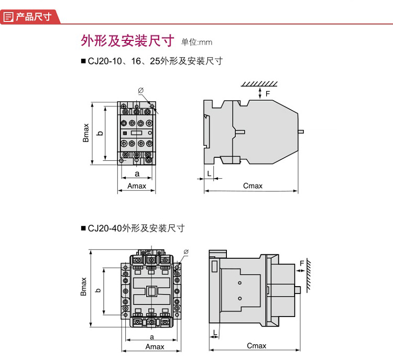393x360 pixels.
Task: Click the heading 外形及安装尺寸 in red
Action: pos(127,40)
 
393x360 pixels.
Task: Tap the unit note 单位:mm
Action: pos(196,42)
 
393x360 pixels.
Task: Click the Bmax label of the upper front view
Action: pos(86,132)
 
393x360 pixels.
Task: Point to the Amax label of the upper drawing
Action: pos(137,186)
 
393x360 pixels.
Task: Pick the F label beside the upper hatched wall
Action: pos(268,94)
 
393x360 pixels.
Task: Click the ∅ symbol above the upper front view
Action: pos(140,91)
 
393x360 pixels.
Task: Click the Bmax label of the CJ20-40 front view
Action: pos(83,287)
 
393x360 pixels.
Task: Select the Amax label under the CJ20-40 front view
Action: pos(155,346)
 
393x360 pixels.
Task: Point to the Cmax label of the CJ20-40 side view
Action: pos(256,345)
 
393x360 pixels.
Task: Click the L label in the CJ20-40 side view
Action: pos(215,333)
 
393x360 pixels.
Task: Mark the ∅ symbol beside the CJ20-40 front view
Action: pos(185,252)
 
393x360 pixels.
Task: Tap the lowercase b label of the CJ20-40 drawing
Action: pos(97,290)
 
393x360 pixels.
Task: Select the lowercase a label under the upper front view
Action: pos(137,173)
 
